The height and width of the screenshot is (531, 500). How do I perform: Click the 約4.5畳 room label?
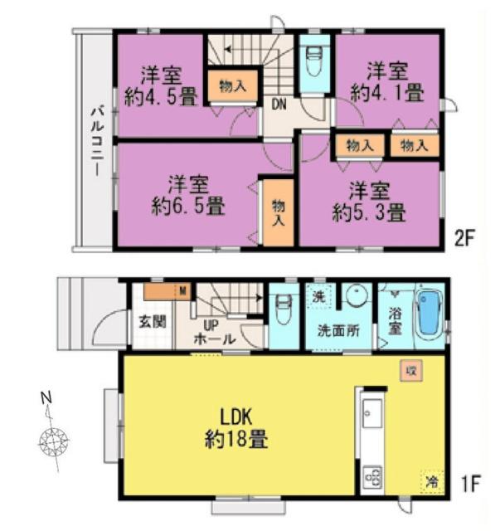point(162,85)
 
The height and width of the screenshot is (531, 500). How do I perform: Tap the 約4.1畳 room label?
point(387,80)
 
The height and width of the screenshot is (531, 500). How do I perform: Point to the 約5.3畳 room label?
point(370,202)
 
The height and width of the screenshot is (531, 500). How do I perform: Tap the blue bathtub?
point(429,314)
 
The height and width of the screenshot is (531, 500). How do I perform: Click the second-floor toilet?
point(314,61)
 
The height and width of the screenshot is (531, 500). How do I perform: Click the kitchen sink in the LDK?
point(371,412)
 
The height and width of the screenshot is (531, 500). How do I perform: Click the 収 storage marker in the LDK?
point(409,371)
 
